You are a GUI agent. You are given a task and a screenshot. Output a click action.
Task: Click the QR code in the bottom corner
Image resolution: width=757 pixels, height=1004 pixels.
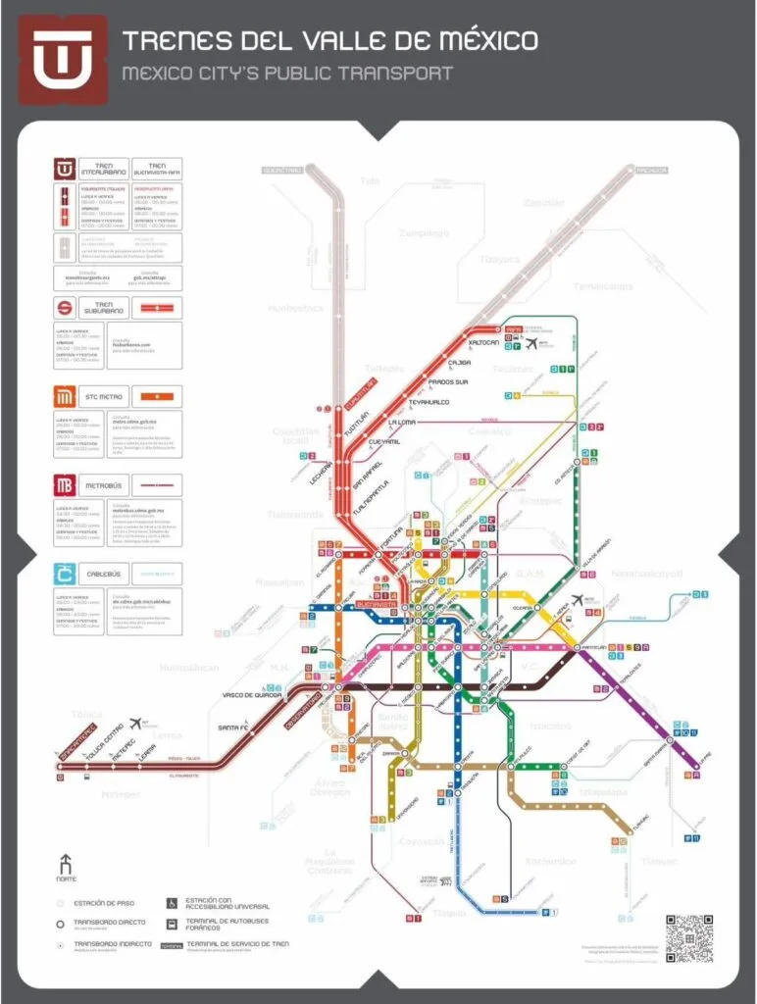[688, 938]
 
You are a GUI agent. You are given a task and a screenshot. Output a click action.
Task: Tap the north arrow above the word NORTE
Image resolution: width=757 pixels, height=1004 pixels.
[66, 864]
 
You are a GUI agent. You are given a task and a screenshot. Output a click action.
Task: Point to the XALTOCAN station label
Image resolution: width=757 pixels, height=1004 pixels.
[483, 342]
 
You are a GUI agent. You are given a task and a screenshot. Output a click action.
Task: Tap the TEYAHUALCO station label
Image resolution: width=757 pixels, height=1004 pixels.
[429, 402]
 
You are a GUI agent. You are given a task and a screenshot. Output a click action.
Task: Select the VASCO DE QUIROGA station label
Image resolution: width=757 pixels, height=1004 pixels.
[252, 695]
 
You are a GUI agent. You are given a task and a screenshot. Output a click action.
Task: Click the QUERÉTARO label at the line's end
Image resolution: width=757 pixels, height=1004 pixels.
[279, 170]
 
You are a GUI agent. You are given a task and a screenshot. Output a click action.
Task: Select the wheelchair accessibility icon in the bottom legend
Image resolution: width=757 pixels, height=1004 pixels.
[171, 902]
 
